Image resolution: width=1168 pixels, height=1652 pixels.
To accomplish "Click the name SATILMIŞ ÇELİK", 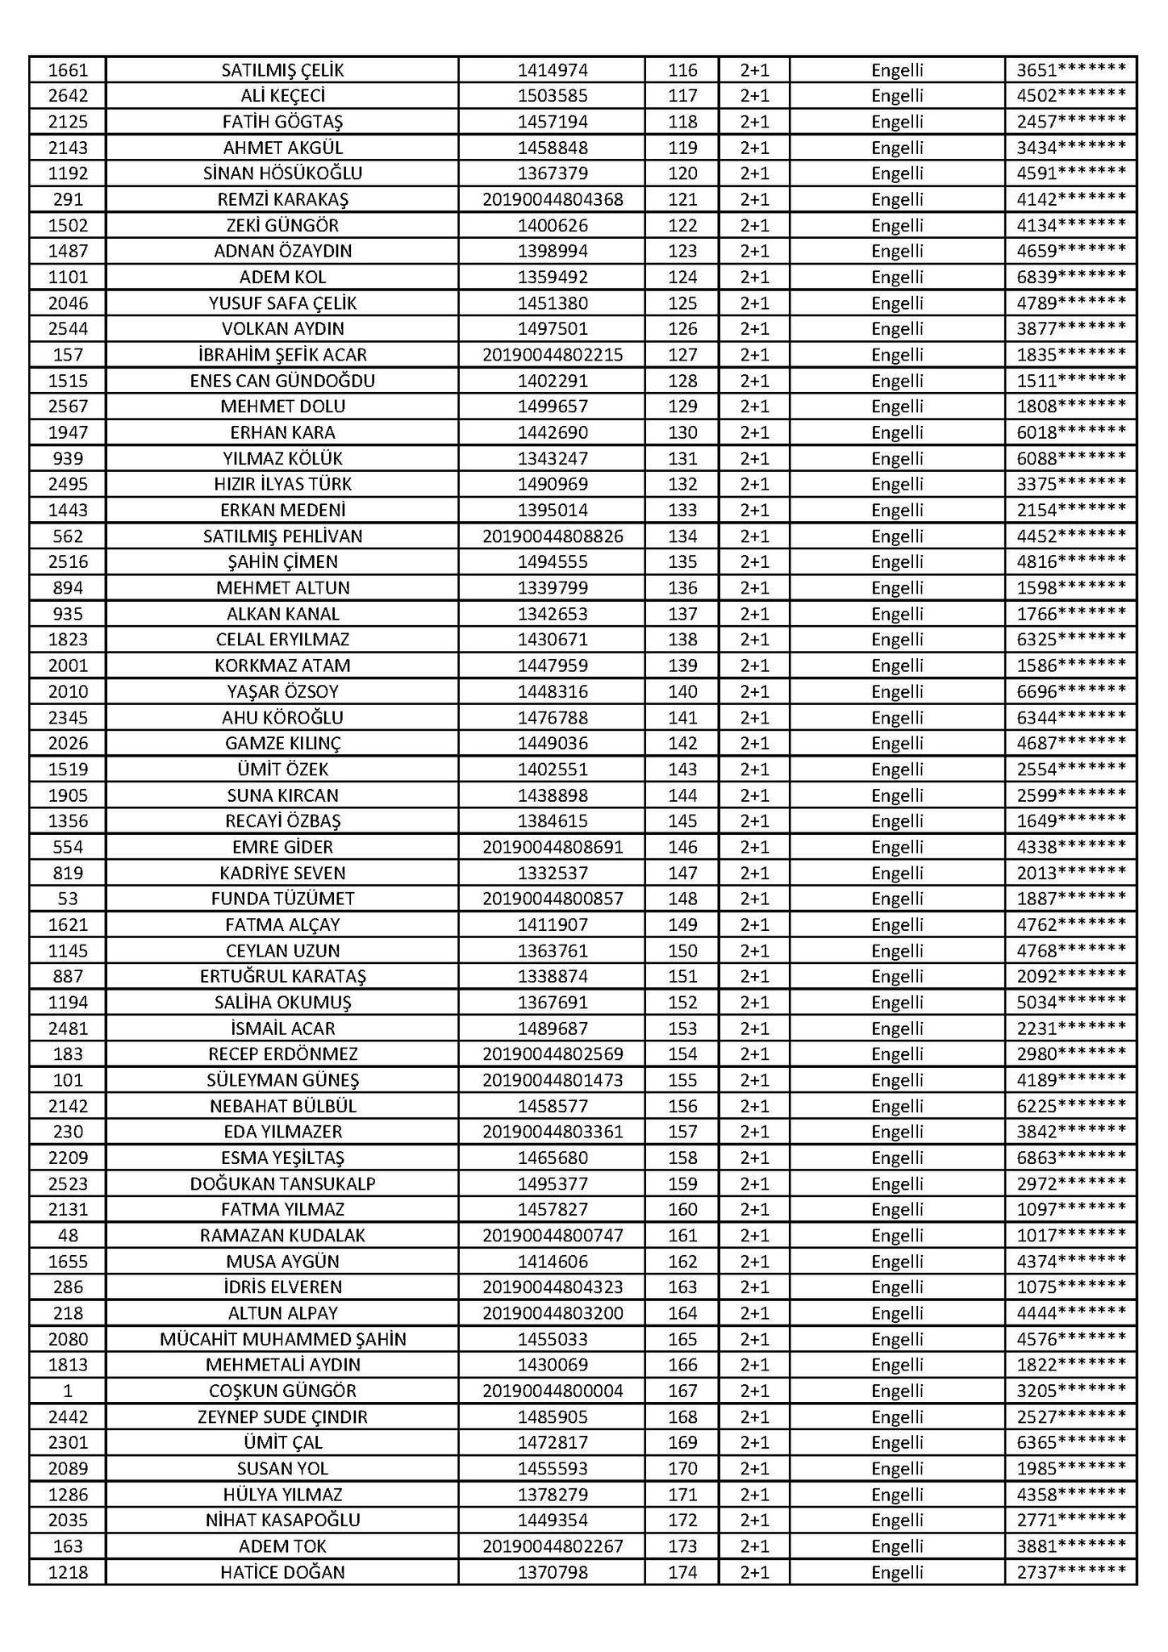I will tap(282, 70).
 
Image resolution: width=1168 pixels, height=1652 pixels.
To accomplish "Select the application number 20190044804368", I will tap(553, 199).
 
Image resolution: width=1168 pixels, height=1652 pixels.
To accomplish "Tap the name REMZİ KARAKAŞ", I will tap(282, 199).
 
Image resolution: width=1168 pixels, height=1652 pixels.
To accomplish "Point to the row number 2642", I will tap(68, 96).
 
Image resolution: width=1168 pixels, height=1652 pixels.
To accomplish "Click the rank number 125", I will tap(682, 303).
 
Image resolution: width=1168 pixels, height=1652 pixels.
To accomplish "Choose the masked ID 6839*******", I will tap(1070, 277).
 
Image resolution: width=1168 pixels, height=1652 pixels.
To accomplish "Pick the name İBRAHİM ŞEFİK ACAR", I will tap(282, 355).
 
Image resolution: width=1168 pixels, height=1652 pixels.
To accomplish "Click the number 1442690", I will tap(553, 432).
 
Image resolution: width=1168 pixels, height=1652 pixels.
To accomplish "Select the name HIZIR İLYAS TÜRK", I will tap(282, 484).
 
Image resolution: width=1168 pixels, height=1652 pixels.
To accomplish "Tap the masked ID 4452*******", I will tap(1070, 536).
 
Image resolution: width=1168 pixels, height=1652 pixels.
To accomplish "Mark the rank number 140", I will tap(682, 691).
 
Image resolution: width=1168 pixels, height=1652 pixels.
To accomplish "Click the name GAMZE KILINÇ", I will tap(282, 743).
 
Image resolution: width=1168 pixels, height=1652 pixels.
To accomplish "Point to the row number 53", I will tap(68, 899).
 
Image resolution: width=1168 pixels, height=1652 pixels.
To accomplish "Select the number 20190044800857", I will tap(553, 899).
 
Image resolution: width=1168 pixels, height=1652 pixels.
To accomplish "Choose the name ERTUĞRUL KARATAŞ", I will tap(282, 976).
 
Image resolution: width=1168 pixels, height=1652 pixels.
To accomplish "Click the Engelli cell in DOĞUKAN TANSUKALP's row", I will tap(897, 1183).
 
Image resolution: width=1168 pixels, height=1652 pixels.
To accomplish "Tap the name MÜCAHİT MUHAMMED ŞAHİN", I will tap(282, 1339).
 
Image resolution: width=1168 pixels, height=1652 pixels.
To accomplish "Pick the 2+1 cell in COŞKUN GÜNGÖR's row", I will tap(754, 1391).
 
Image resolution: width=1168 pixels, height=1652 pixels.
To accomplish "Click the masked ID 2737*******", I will tap(1070, 1572).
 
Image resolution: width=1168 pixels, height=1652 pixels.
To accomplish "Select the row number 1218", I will tap(68, 1572).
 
